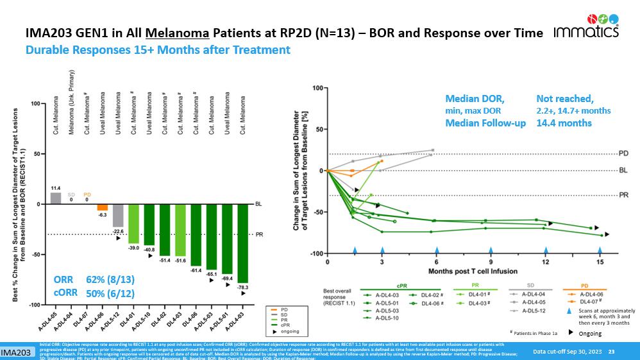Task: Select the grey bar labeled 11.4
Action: (56, 198)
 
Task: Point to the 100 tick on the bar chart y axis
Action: (37, 104)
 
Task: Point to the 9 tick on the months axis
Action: (491, 262)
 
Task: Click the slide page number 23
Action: (611, 352)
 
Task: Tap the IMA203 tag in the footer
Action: (17, 353)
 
